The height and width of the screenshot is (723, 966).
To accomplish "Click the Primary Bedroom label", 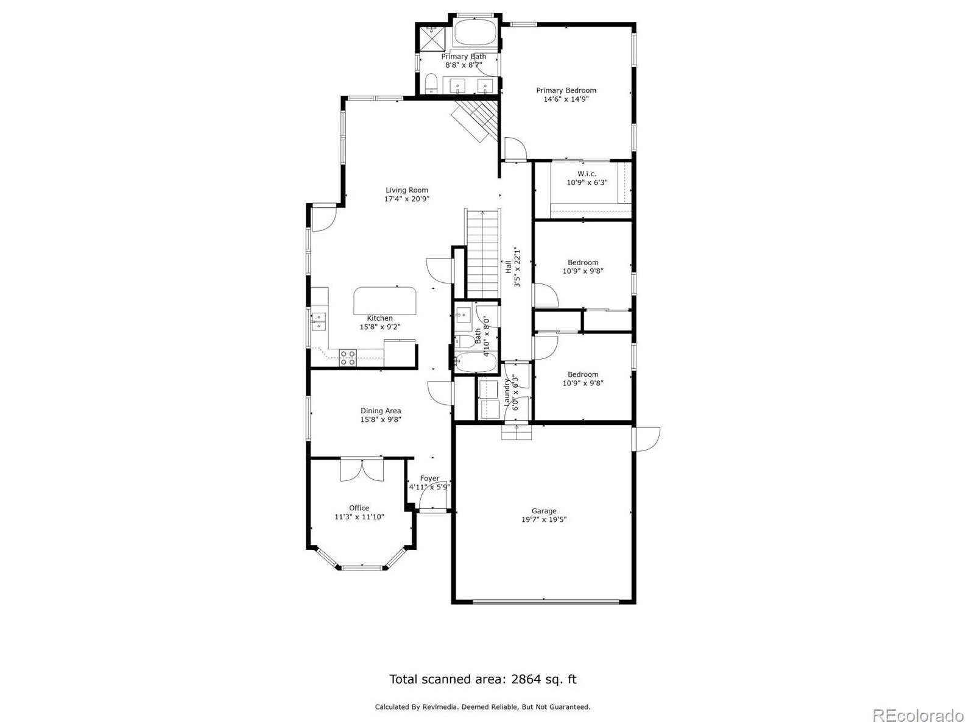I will click(566, 90).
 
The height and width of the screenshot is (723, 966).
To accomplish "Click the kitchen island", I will click(385, 299).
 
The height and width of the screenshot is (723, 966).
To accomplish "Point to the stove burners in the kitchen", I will click(348, 357).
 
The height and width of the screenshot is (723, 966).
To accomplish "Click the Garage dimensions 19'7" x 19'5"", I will click(544, 520).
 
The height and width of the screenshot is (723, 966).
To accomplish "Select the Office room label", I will click(359, 508).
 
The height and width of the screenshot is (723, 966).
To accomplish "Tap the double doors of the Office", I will click(362, 471).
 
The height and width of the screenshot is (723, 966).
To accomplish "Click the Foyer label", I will click(429, 479).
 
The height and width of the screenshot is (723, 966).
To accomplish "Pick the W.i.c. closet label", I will click(587, 174).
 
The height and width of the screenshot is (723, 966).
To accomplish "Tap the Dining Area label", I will click(381, 411).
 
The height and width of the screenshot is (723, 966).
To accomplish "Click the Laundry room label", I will click(506, 393).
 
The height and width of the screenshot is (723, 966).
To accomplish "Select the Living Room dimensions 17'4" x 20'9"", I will click(407, 199).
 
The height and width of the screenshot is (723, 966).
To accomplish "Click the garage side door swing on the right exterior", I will click(647, 439).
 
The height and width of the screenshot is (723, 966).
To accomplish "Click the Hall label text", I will click(507, 266).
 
